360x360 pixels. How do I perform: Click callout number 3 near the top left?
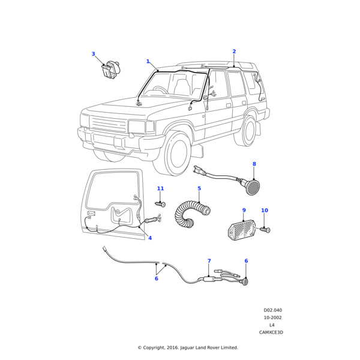(x=93, y=54)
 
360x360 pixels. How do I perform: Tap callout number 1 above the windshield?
(x=148, y=61)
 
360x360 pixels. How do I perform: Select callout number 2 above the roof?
(x=234, y=52)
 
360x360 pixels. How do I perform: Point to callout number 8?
(x=254, y=164)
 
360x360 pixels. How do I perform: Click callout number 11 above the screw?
(x=160, y=188)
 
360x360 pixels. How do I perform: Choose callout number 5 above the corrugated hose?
(x=199, y=188)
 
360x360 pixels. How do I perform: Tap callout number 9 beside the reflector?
(x=244, y=211)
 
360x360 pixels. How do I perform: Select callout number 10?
(x=264, y=211)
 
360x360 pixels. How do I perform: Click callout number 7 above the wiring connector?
(x=209, y=261)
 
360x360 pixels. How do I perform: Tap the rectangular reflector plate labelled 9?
(x=242, y=229)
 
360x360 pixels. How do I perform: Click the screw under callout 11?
(x=160, y=205)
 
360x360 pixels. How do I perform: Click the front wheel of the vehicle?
(x=179, y=154)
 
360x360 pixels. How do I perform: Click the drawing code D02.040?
(x=272, y=310)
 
